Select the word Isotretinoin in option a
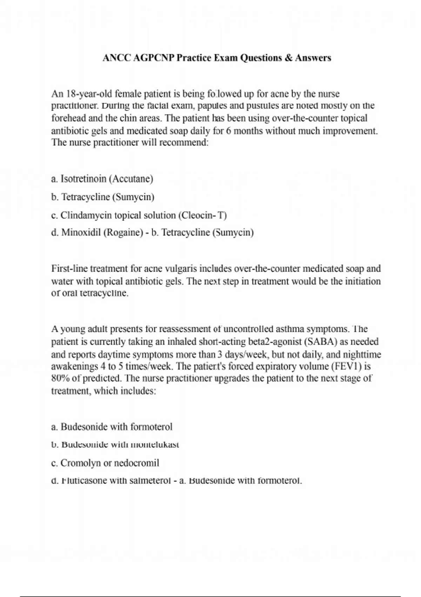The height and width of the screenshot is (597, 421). pyautogui.click(x=83, y=179)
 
